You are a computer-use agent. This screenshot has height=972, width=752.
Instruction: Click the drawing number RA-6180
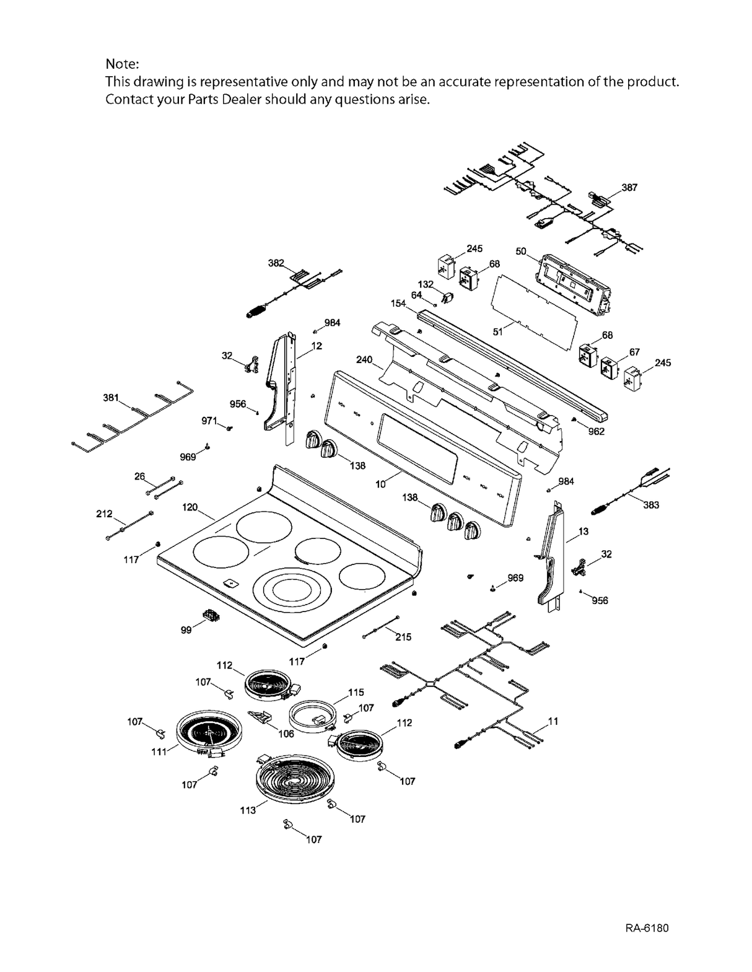click(x=647, y=928)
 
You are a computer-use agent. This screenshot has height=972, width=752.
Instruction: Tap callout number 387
click(x=629, y=187)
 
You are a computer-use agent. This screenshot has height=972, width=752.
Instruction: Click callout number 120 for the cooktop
click(x=190, y=507)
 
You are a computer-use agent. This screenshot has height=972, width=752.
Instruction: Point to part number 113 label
click(x=248, y=810)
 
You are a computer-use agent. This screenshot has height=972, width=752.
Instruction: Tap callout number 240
click(x=364, y=359)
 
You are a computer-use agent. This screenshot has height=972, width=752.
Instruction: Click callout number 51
click(x=497, y=331)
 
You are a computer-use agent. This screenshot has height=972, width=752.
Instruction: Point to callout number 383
click(x=650, y=505)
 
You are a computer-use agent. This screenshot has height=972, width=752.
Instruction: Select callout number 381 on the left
click(x=110, y=398)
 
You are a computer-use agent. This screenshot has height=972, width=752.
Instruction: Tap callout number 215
click(x=403, y=637)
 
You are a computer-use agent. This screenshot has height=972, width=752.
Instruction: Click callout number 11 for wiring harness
click(x=553, y=721)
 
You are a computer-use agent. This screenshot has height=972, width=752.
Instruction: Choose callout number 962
click(x=596, y=431)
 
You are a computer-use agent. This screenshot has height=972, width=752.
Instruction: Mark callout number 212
click(x=104, y=514)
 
